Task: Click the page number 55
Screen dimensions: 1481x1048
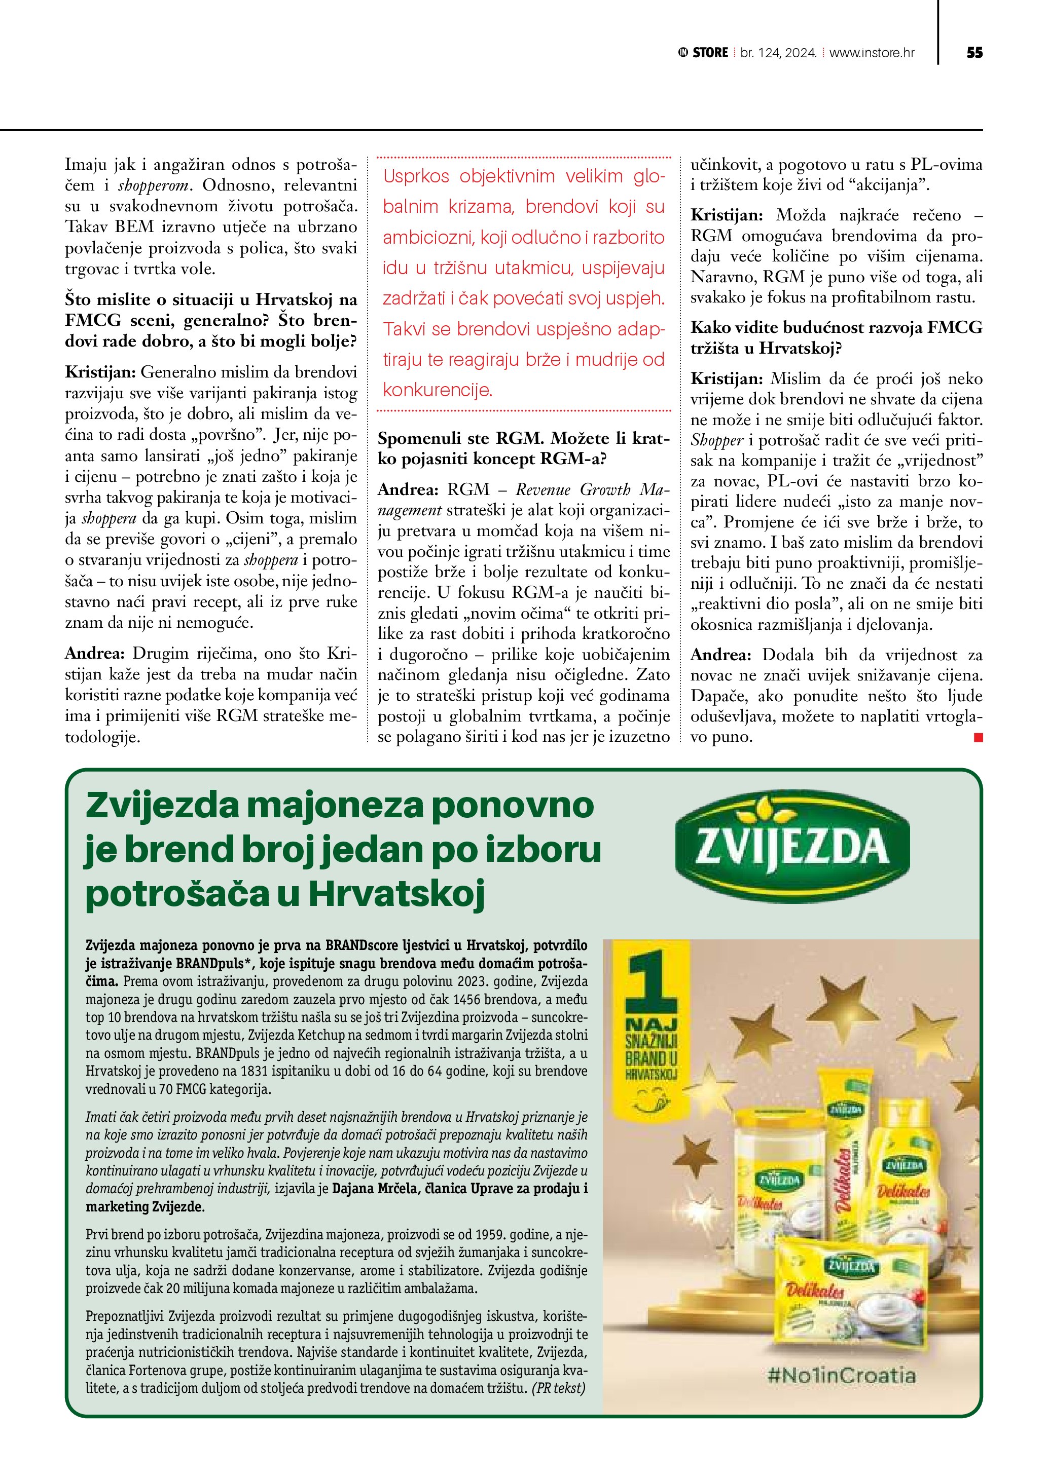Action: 974,53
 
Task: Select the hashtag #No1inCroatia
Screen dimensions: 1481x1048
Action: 841,1375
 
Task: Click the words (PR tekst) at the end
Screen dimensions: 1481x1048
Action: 558,1387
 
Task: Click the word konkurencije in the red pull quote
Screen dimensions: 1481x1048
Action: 437,390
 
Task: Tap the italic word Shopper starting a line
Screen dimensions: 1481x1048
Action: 717,441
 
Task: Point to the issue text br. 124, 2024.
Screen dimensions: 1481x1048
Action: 778,53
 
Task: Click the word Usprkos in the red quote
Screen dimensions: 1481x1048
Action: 416,177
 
